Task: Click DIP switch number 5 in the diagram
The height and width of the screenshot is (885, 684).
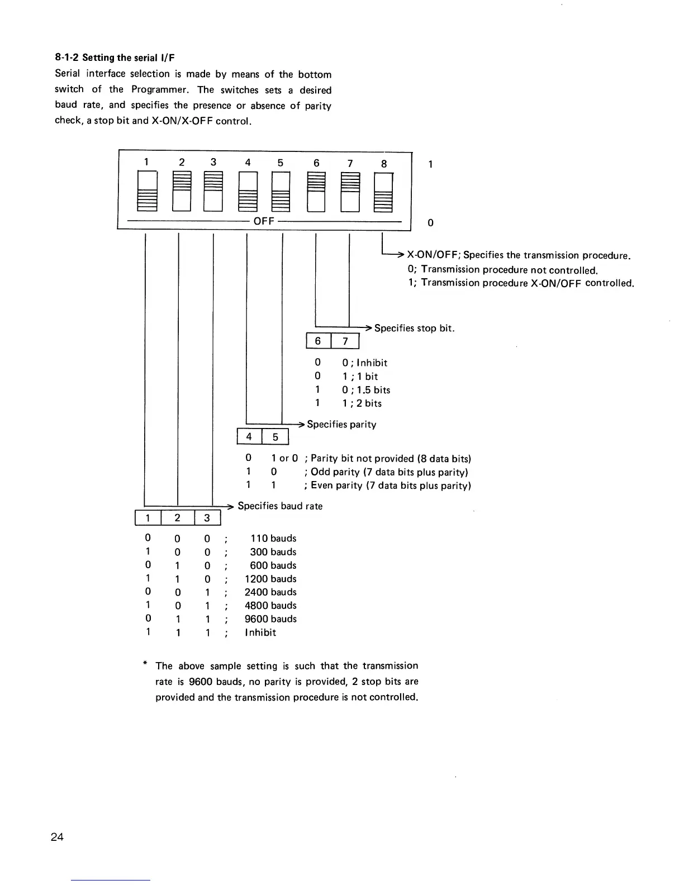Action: [x=281, y=192]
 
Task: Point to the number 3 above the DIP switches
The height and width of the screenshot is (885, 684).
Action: [x=213, y=163]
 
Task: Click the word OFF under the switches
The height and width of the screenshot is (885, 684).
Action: [x=264, y=221]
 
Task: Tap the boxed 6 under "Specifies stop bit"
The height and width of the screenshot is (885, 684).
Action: [x=318, y=341]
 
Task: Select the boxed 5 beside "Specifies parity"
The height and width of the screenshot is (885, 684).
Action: [x=275, y=437]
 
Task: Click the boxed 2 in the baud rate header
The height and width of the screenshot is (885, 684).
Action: [x=177, y=518]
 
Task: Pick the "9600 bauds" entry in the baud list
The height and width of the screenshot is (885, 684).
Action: [x=270, y=619]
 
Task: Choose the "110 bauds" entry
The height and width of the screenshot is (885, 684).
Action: [x=273, y=539]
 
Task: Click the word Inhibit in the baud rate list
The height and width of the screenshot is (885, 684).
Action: [x=260, y=632]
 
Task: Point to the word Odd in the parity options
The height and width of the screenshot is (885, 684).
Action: [x=321, y=472]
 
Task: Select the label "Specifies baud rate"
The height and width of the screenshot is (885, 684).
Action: [x=280, y=506]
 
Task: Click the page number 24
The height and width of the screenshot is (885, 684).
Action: [x=57, y=837]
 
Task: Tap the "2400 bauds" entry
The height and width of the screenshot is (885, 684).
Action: [x=270, y=592]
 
